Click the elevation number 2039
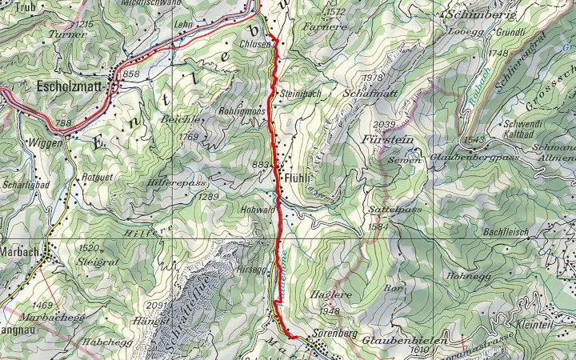(x=385, y=124)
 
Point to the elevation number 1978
(x=373, y=78)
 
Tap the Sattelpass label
(x=384, y=210)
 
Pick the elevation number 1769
(x=189, y=137)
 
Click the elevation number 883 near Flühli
(x=261, y=165)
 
